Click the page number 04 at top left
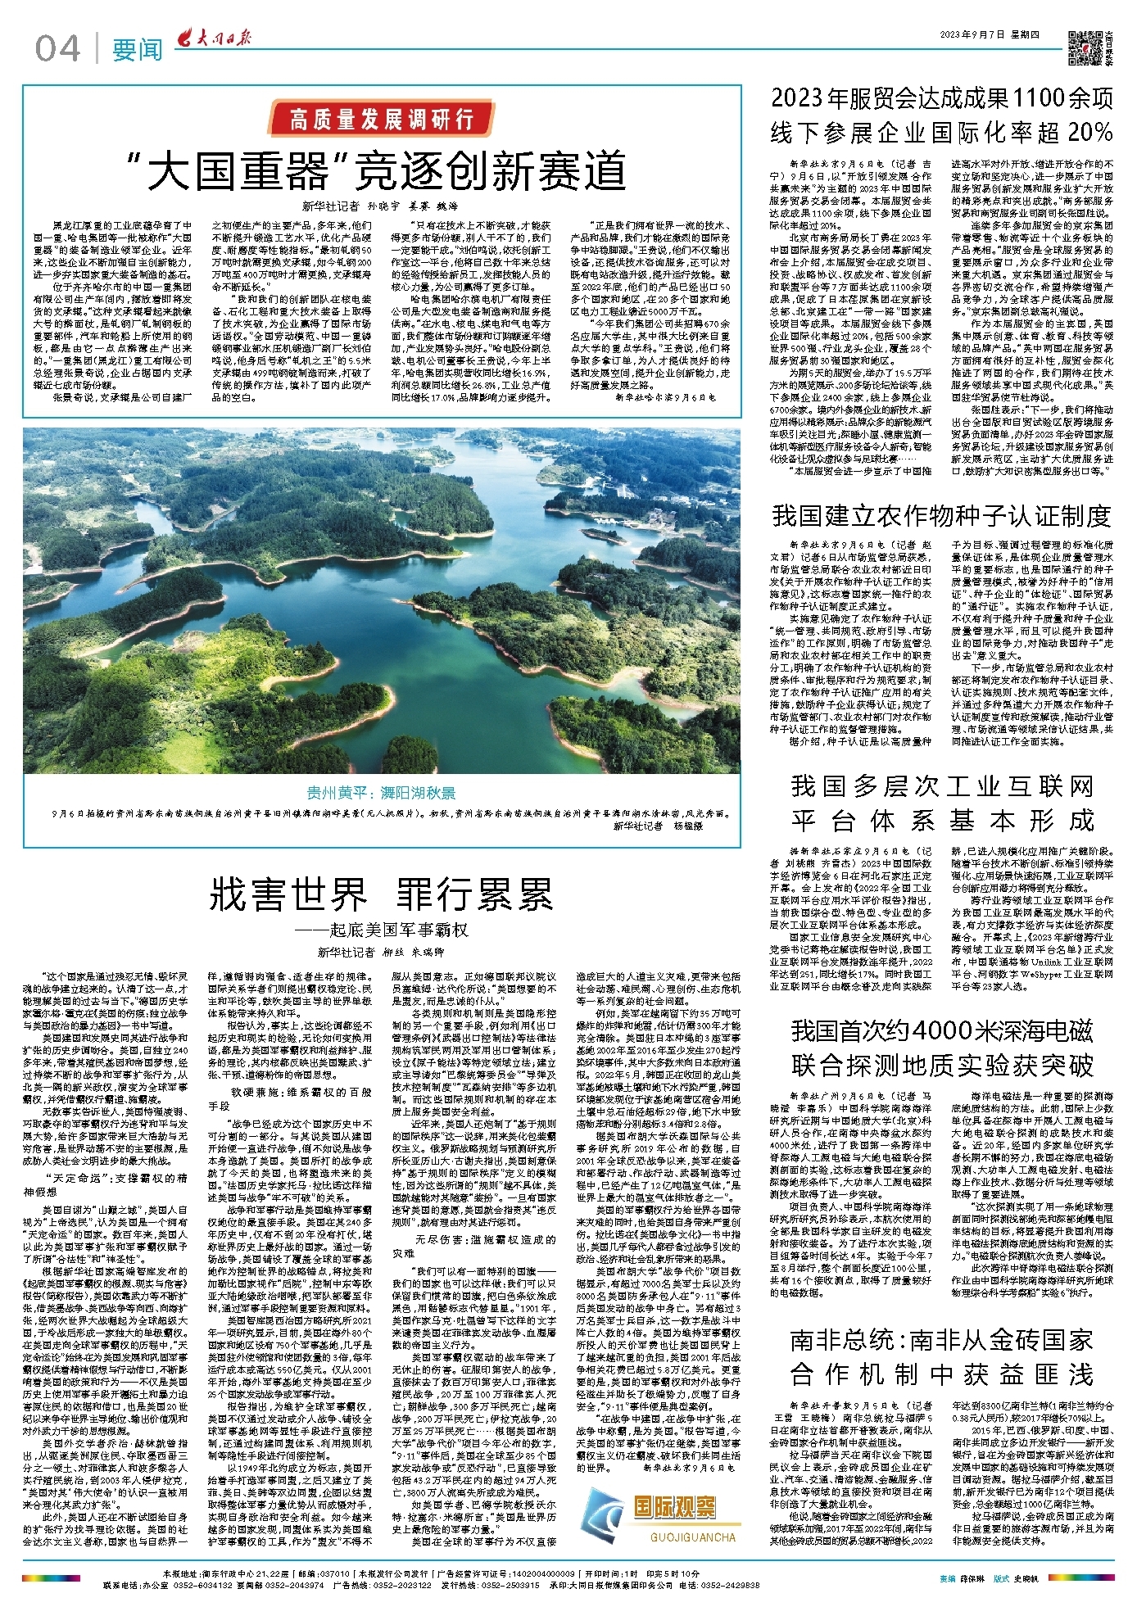(x=57, y=49)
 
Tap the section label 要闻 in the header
(x=137, y=50)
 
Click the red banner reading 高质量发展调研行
(x=381, y=120)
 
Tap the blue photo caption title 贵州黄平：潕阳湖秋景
(x=381, y=792)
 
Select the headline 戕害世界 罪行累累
(x=381, y=894)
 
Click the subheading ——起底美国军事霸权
(x=381, y=930)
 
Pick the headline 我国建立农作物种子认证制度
(x=941, y=515)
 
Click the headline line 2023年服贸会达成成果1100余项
(x=941, y=98)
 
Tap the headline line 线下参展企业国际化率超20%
(x=941, y=133)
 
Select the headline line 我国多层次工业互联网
(x=941, y=786)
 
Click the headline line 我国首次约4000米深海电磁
(x=941, y=1030)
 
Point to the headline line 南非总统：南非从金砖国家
(x=941, y=1340)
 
